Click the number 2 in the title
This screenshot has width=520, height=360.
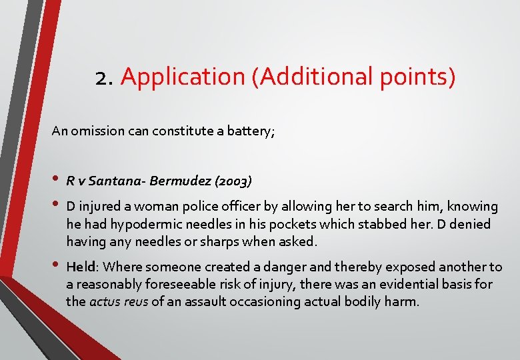pos(102,77)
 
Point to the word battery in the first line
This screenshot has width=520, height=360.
pos(251,131)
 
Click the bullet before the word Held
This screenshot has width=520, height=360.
pos(56,266)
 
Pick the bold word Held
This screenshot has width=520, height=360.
pos(81,267)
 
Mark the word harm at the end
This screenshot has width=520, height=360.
pos(403,301)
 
